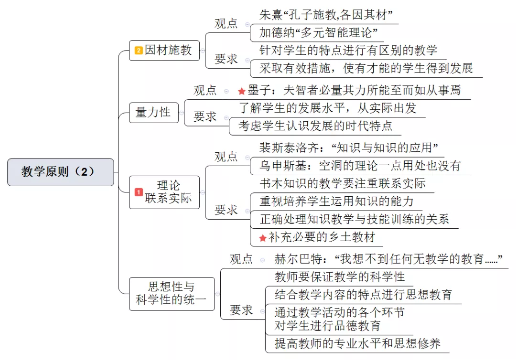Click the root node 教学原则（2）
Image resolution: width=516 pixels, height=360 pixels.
[61, 172]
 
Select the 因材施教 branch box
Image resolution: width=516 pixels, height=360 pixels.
[164, 50]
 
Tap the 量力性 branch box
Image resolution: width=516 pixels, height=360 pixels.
[154, 112]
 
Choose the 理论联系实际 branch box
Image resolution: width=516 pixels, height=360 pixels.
[164, 192]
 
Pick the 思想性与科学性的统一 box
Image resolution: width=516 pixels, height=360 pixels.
[172, 294]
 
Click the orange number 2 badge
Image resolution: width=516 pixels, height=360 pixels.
[139, 50]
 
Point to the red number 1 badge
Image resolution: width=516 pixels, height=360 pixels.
[139, 192]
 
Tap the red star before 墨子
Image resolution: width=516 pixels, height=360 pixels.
[242, 91]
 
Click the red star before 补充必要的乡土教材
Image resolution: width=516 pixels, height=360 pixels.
[263, 238]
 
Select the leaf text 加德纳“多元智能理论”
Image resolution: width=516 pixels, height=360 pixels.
[318, 32]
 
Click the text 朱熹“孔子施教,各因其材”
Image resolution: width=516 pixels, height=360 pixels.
[326, 15]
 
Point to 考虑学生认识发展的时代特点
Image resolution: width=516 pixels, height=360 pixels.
[315, 126]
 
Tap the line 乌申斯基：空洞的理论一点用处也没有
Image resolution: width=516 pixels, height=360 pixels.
[360, 165]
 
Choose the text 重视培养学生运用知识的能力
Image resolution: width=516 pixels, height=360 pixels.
[336, 201]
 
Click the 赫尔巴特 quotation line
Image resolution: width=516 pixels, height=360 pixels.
[388, 259]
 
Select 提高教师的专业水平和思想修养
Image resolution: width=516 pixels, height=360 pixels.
[357, 344]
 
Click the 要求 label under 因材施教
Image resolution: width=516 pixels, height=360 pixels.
[226, 59]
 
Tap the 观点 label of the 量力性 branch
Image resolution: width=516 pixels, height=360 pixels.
[205, 90]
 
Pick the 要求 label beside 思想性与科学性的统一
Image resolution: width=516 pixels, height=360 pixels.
[241, 310]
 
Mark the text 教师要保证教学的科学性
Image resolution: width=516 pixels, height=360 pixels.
[340, 277]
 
